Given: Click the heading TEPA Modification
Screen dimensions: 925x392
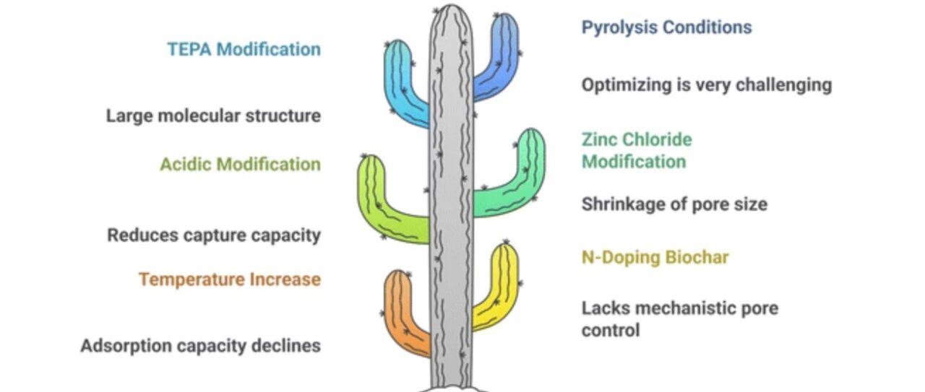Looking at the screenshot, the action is point(244,49).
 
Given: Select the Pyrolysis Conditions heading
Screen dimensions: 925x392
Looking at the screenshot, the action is point(666,27).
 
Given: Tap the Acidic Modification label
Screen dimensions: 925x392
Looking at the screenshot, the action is point(241,164).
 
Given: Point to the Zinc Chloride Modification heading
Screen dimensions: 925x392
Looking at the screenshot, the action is point(637,151).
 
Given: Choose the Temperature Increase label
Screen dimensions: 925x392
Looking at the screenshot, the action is point(230,279).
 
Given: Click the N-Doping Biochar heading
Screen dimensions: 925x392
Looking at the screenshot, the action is point(655,258).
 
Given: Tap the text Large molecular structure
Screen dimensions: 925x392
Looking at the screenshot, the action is point(213,116).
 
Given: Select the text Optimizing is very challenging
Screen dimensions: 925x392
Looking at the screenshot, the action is point(707,85).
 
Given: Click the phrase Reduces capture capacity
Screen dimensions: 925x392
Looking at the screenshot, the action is point(214,235).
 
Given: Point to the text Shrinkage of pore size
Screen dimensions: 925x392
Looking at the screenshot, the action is point(674,204).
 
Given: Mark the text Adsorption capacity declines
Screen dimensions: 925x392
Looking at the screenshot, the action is point(201,346).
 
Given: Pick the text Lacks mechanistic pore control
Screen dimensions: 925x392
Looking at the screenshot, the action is point(680,319).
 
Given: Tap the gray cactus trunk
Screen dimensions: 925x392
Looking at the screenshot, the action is point(451,198).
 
